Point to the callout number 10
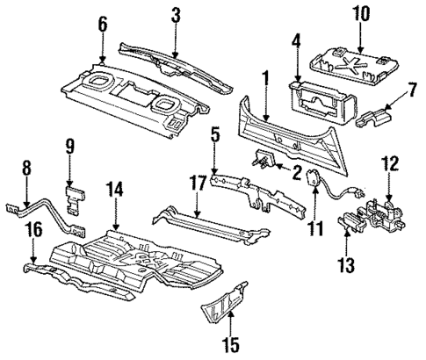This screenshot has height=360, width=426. (360, 15)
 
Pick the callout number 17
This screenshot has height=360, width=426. (199, 184)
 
